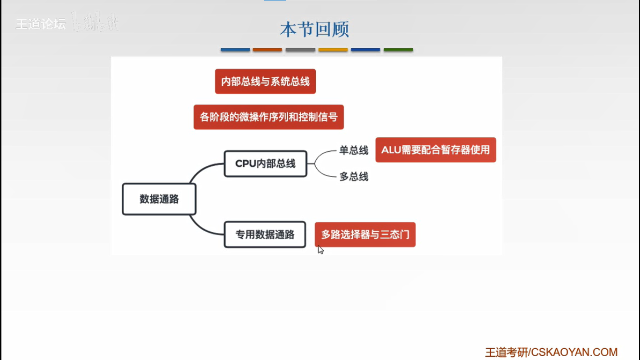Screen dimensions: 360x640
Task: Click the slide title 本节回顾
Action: click(x=314, y=30)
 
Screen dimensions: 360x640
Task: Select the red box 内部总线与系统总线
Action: click(x=265, y=82)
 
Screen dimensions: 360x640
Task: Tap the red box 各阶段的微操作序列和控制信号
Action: click(x=268, y=117)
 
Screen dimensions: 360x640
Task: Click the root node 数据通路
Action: click(x=159, y=199)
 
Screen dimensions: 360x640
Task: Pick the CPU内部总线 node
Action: click(x=265, y=164)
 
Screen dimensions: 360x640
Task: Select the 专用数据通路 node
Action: click(x=265, y=234)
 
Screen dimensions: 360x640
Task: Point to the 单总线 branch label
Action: click(x=354, y=150)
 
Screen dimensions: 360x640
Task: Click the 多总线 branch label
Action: click(x=354, y=177)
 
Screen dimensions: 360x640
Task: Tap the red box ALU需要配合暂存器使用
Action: click(x=435, y=150)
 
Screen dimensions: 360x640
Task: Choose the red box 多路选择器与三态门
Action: click(x=365, y=234)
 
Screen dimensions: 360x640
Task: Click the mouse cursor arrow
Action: click(x=320, y=249)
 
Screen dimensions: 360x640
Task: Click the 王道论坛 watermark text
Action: click(x=41, y=24)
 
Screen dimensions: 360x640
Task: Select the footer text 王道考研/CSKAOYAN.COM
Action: click(x=551, y=352)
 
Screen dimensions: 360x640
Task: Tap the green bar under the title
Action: click(x=398, y=49)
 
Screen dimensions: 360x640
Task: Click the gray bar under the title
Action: click(x=300, y=49)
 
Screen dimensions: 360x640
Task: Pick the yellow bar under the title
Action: click(x=333, y=49)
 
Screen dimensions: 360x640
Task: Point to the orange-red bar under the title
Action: click(x=267, y=49)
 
